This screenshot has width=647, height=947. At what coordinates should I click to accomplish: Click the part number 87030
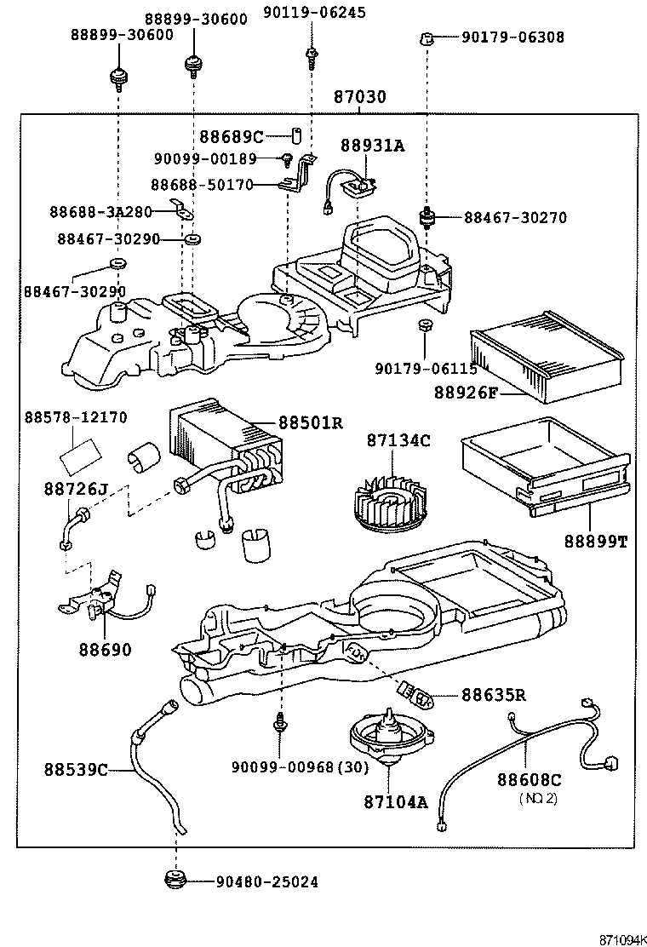[359, 97]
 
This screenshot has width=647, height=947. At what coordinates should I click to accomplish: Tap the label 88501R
[310, 422]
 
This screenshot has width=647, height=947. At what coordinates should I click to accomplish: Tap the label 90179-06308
[513, 37]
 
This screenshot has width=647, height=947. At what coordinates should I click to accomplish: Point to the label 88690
[106, 650]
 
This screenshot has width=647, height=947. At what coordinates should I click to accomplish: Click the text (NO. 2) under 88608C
[539, 798]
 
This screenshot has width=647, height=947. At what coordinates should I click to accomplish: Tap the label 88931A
[373, 146]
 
